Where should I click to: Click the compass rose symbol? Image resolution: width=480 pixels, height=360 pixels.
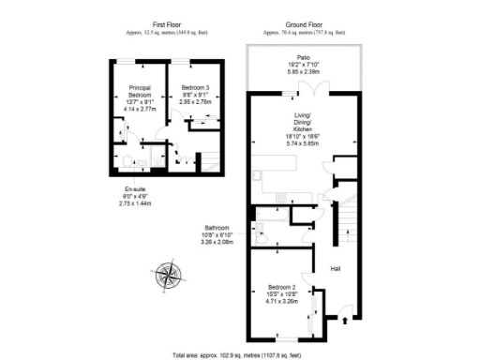pyautogui.click(x=171, y=274)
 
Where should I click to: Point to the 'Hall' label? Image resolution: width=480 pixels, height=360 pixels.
pyautogui.click(x=335, y=270)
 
